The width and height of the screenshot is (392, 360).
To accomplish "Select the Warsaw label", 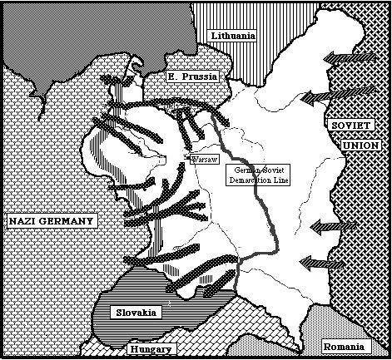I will click(x=204, y=157).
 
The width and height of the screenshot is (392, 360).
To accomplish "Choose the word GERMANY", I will click(x=69, y=220).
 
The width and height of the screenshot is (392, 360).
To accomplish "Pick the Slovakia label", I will click(x=134, y=312).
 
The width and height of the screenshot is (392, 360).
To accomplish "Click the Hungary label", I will click(x=151, y=350).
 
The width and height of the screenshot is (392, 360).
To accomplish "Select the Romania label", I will click(x=344, y=346).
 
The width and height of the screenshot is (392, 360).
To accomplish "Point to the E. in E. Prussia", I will click(x=174, y=76).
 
